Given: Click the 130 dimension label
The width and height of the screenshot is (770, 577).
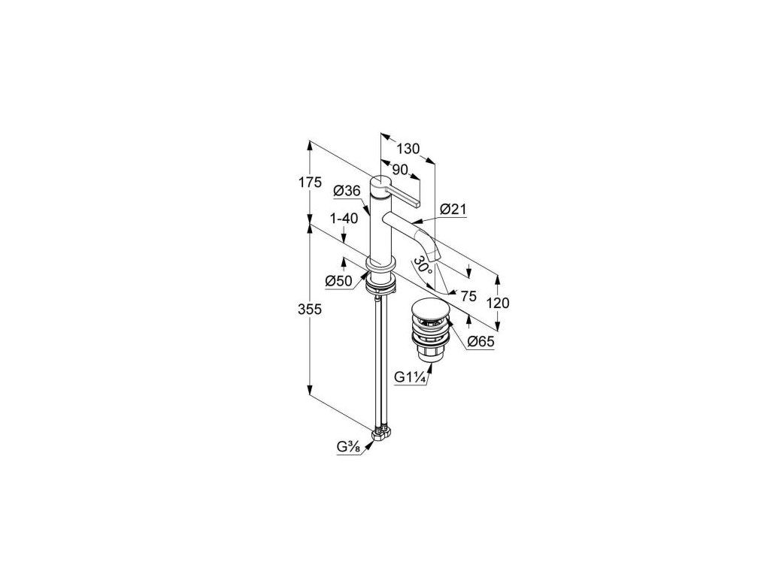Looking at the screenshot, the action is pyautogui.click(x=408, y=148).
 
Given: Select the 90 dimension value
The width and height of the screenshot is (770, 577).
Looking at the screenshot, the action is pyautogui.click(x=400, y=170).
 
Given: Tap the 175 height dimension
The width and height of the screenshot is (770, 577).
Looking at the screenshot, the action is pyautogui.click(x=309, y=183).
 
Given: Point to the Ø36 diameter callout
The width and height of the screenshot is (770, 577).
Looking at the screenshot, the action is pyautogui.click(x=347, y=191).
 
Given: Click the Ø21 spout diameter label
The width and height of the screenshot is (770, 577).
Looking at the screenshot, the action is pyautogui.click(x=453, y=210).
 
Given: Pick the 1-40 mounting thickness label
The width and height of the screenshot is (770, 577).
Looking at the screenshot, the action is pyautogui.click(x=344, y=219).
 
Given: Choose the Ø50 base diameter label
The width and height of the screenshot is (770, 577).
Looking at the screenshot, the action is pyautogui.click(x=339, y=281).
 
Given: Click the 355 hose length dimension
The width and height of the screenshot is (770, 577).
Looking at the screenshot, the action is pyautogui.click(x=309, y=310).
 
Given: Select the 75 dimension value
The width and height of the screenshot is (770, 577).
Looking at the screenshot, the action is pyautogui.click(x=468, y=296).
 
